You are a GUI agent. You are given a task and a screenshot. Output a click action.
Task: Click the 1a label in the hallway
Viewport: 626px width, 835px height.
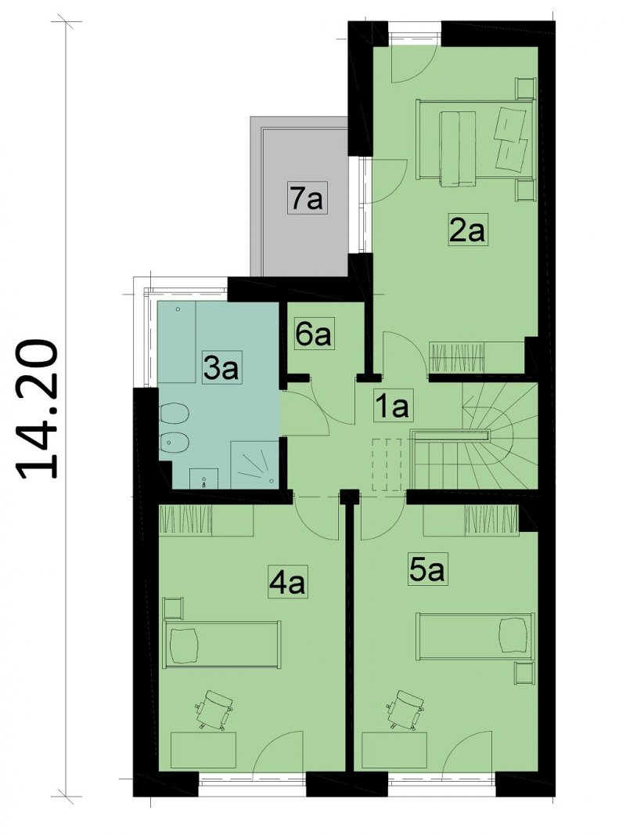pos(391,407)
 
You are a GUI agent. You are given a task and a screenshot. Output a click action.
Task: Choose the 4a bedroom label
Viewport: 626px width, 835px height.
pos(286,583)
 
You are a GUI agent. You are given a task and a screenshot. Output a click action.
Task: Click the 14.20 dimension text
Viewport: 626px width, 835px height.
pos(38,409)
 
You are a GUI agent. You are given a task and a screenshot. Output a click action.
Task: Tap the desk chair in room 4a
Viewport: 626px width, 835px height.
pos(215,710)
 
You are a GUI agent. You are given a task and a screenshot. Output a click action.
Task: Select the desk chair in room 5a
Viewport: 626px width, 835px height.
pos(406,710)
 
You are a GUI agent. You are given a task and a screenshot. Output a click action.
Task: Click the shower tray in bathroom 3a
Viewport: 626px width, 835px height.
pos(254,465)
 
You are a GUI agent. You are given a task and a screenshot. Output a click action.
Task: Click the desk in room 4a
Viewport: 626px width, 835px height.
pos(203,750)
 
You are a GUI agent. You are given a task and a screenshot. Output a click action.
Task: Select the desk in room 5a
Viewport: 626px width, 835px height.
pos(394,750)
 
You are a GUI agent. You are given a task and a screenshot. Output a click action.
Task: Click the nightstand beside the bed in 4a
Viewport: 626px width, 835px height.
pos(173,608)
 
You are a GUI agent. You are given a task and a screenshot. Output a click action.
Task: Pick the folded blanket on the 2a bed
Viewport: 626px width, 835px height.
pos(458,149)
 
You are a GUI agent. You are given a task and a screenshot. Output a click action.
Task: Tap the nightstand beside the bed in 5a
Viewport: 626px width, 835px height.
pos(524,674)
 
